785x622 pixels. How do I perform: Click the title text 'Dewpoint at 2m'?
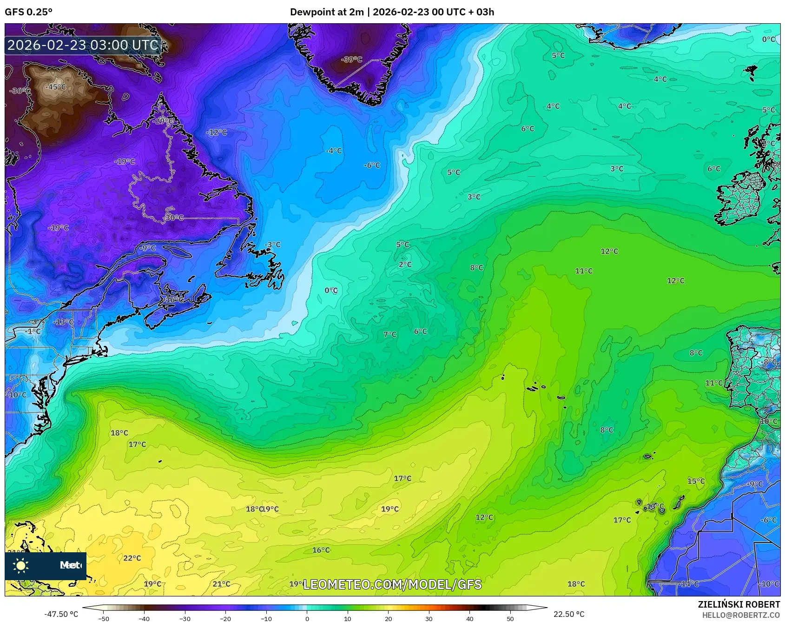coord(327,12)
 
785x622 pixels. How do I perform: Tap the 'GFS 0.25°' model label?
coord(29,12)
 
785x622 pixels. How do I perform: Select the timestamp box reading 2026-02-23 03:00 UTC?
coord(83,45)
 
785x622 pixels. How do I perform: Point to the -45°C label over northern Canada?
coord(55,87)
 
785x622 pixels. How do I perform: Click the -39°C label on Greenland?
coord(351,60)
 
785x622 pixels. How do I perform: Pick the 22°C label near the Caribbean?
coord(132,558)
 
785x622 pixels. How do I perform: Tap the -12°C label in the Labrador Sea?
coord(217,132)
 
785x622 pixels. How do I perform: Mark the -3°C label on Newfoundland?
coord(273,245)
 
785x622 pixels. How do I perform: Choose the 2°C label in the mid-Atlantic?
coord(405,265)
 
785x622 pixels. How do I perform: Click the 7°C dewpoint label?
coord(390,334)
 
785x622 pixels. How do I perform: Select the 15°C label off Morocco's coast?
coord(696,481)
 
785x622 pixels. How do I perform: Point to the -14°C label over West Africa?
coord(689,584)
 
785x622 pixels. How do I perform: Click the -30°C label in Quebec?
coord(173,218)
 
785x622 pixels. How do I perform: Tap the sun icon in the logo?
coord(21,565)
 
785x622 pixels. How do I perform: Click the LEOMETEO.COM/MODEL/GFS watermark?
coord(392,584)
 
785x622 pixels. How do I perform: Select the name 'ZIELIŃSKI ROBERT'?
coord(739,604)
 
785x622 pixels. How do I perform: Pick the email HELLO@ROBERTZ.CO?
coord(741,615)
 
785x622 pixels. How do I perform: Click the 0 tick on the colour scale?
coord(307,618)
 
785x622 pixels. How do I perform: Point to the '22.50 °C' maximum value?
coord(568,614)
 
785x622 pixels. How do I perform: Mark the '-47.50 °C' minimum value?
coord(61,614)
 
